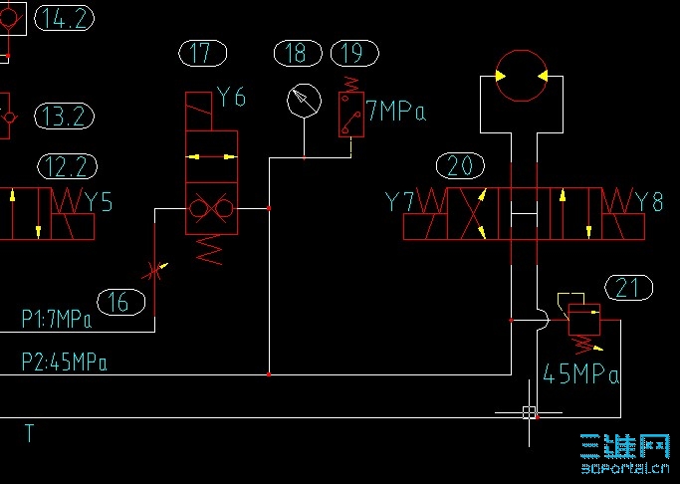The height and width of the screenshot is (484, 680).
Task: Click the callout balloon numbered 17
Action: click(x=202, y=53)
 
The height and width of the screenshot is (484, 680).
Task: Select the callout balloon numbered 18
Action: click(x=296, y=53)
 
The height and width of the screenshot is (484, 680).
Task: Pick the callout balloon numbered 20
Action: click(x=460, y=165)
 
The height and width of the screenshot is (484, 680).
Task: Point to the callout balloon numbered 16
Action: click(x=119, y=301)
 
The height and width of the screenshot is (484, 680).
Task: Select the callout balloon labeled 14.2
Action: click(x=64, y=18)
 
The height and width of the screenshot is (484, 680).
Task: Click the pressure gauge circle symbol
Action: click(x=304, y=99)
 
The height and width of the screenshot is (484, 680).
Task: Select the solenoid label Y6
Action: click(x=231, y=98)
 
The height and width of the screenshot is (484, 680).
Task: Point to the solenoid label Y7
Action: click(x=399, y=202)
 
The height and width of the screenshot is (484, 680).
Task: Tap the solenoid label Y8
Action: click(x=649, y=202)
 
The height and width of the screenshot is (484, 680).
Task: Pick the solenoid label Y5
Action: click(x=99, y=202)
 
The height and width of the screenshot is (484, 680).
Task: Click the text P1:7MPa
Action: click(x=57, y=320)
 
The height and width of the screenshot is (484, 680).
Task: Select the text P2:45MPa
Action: click(x=64, y=362)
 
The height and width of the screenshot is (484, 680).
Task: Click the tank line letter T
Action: click(x=30, y=433)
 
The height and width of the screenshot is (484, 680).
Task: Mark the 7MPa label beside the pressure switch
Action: click(x=395, y=112)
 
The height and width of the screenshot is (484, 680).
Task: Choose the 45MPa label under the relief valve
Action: click(x=581, y=375)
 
